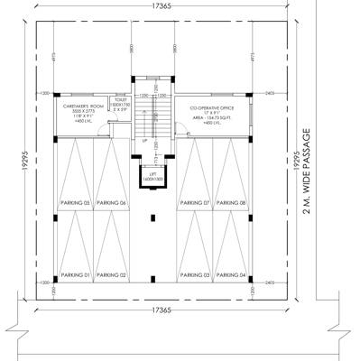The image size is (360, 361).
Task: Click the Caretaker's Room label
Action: point(79,106)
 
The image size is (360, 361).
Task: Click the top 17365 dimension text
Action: point(155,7)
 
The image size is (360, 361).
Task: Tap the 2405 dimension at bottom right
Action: point(270,282)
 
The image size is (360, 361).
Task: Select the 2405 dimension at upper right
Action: point(270,93)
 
